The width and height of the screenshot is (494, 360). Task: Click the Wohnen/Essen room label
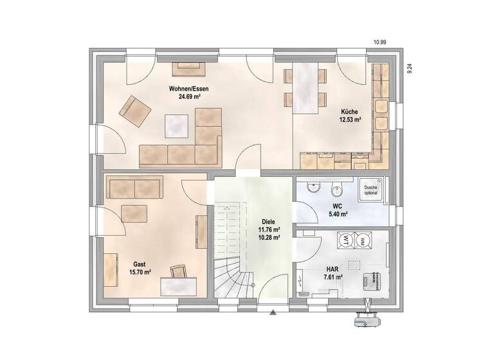[188, 89]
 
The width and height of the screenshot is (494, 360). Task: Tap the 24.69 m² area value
[188, 97]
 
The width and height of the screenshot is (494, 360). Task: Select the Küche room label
[350, 112]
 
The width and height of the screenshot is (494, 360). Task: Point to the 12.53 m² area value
[350, 120]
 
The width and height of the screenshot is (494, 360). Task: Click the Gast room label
[140, 264]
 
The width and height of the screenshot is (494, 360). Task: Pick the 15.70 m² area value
[140, 273]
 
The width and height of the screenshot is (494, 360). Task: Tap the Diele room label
[269, 221]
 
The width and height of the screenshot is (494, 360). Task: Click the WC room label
[337, 206]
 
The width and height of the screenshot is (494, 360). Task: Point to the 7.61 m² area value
[332, 277]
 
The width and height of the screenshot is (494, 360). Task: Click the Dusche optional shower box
[370, 188]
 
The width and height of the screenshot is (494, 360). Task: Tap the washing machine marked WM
[363, 240]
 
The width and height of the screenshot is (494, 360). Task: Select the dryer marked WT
[345, 240]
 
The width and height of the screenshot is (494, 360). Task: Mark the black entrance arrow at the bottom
[273, 312]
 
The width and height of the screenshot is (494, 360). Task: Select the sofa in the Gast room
[134, 188]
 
